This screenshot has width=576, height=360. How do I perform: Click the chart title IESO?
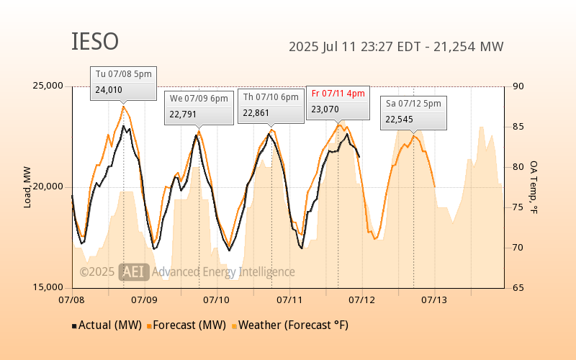tap(95, 41)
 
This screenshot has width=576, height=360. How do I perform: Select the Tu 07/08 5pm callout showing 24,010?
tap(123, 84)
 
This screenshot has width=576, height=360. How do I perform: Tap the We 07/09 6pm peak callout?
tap(199, 108)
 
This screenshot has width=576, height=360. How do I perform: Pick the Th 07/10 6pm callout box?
tap(271, 106)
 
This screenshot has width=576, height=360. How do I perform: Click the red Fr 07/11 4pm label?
tap(338, 94)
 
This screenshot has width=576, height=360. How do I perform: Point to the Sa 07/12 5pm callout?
tap(413, 113)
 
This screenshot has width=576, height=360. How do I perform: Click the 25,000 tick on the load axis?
tap(48, 86)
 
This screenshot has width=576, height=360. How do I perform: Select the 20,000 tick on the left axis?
tap(48, 186)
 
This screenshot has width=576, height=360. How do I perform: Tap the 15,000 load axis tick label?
tap(48, 287)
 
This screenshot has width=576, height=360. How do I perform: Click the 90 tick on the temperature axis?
tap(518, 86)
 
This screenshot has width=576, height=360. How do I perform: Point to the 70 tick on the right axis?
tap(518, 248)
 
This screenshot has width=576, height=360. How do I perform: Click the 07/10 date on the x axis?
tap(217, 300)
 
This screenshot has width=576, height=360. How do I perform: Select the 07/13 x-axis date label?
tap(434, 300)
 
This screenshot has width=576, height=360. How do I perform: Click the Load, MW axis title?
tap(27, 187)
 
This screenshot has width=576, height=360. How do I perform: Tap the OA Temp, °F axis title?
tap(534, 187)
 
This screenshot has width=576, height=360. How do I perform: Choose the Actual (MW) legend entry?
tap(107, 325)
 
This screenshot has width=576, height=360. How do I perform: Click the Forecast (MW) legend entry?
tap(186, 325)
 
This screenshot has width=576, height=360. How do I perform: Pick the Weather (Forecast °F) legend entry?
tap(290, 325)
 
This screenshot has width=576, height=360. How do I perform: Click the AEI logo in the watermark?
tap(134, 272)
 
